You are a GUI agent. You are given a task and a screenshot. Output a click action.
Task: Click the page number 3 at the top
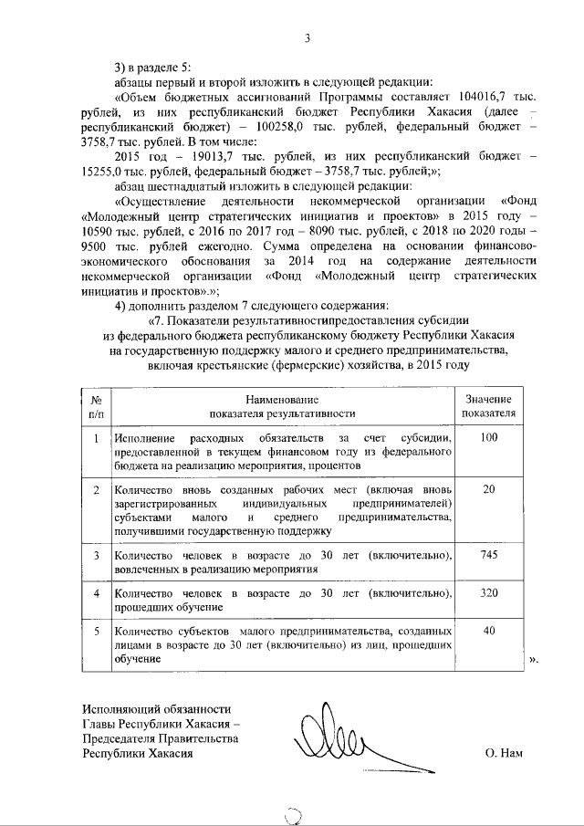[x=308, y=37]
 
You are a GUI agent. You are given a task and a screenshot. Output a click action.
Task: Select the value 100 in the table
[x=488, y=438]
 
